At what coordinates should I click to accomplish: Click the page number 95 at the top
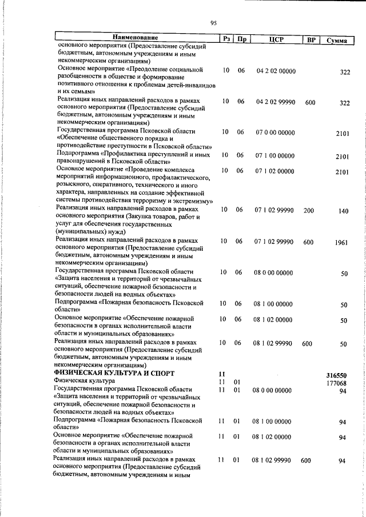coord(213,23)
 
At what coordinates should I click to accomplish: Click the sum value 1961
coord(342,243)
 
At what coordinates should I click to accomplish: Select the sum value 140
coord(343,211)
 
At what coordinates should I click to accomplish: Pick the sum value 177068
coord(337,383)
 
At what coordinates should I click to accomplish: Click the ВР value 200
coord(309,211)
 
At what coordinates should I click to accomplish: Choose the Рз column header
coord(226,39)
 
